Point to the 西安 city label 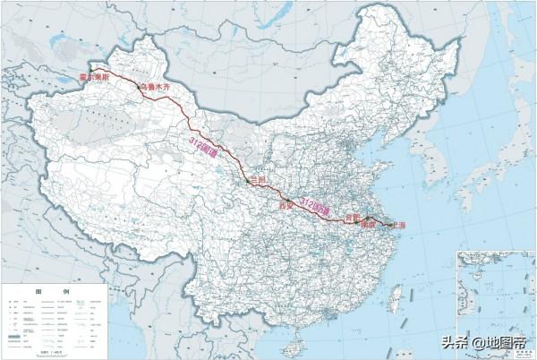tap(286, 205)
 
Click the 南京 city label tap(366, 226)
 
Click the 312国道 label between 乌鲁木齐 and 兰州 tap(205, 146)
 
